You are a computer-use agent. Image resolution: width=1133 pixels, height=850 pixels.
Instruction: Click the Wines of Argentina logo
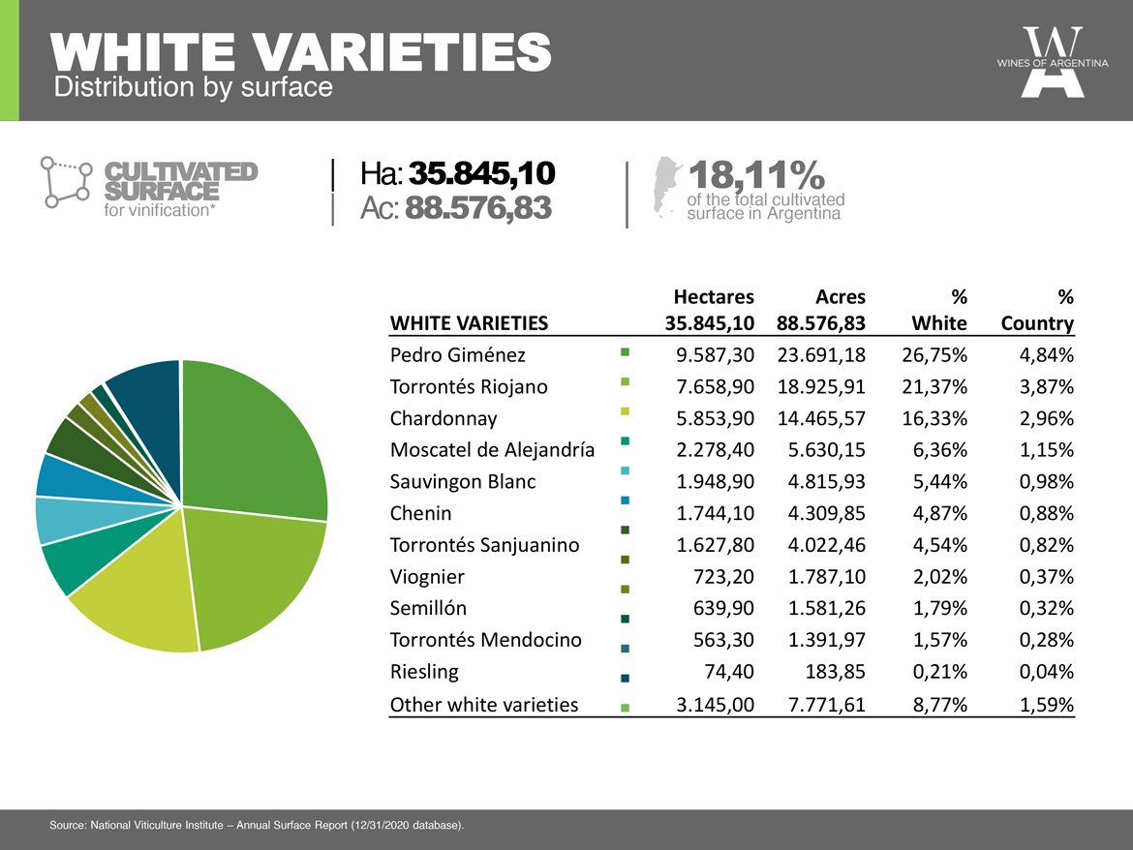tap(1052, 62)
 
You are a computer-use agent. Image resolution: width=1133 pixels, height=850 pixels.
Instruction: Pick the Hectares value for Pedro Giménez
tap(715, 354)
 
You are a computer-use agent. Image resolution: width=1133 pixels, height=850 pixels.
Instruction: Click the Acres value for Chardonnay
tap(821, 418)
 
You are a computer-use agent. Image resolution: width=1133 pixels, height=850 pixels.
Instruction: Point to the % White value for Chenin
tap(939, 513)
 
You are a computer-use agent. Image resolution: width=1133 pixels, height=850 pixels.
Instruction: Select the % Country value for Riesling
tap(1046, 672)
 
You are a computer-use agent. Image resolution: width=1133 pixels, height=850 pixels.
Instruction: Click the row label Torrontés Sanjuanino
tap(484, 545)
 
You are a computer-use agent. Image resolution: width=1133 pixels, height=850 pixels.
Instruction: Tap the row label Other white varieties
tap(484, 704)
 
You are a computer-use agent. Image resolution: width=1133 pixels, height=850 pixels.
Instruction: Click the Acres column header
tap(841, 297)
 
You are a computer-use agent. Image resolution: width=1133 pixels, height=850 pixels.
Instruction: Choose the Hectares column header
tap(713, 297)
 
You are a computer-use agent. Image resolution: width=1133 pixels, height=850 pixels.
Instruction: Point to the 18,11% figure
tap(755, 175)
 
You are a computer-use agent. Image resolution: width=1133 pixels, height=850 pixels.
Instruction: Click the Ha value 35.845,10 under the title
tap(482, 173)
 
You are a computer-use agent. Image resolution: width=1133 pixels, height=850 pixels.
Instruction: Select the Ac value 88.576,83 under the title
tap(478, 208)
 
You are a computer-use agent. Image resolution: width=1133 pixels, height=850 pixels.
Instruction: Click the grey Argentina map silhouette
tap(666, 186)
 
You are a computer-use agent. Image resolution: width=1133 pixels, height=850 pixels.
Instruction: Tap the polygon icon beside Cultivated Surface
tap(66, 182)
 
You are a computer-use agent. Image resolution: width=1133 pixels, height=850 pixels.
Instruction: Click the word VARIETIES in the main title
tap(404, 51)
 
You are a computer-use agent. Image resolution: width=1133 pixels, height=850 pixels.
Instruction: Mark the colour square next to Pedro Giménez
tap(625, 352)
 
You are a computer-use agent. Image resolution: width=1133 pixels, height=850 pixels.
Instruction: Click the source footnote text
tap(257, 825)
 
